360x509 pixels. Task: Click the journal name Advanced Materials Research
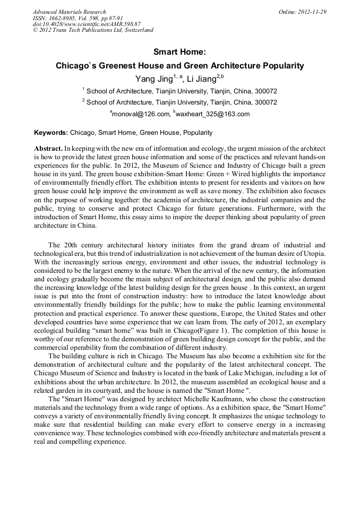pos(69,12)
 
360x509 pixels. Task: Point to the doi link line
pos(87,24)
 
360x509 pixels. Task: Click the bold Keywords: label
pos(51,133)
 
